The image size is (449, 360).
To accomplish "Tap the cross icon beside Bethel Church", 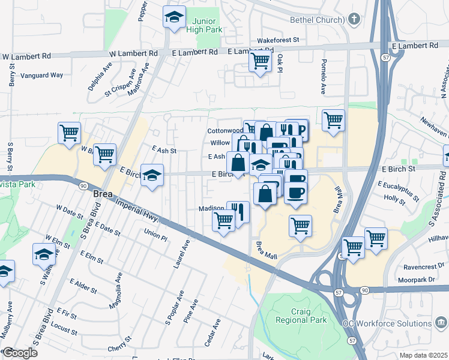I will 355,19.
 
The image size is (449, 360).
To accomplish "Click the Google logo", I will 20,353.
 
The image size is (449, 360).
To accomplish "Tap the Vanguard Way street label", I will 41,75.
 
